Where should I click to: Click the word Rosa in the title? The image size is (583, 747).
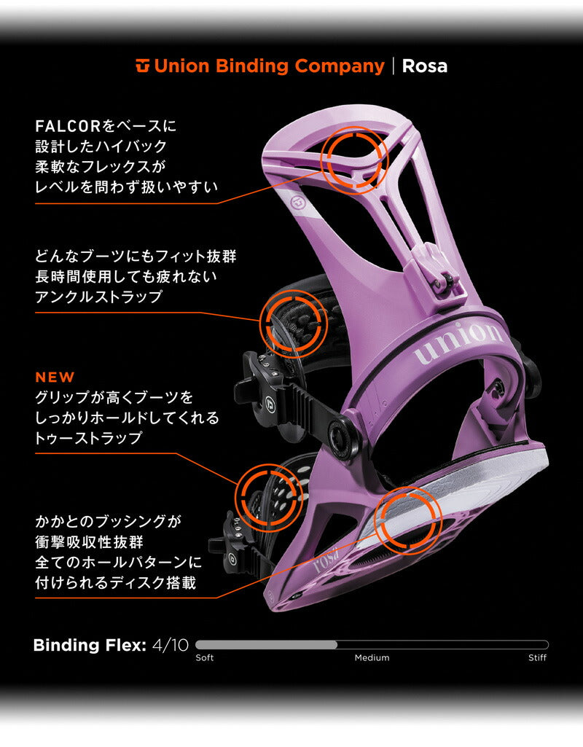[x=425, y=66]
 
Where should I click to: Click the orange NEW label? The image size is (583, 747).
[x=55, y=378]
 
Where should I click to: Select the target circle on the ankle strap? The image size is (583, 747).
[x=292, y=322]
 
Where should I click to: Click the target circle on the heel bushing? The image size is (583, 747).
[x=408, y=523]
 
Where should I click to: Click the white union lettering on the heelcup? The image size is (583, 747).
[x=459, y=343]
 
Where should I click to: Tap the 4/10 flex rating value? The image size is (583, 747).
[x=171, y=645]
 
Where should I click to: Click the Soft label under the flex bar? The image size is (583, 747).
[x=206, y=658]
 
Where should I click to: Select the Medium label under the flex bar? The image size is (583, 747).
[x=372, y=658]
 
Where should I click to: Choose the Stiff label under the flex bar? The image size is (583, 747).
[x=537, y=658]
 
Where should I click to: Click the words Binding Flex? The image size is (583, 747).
[x=90, y=645]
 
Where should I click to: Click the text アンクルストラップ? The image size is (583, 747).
[x=98, y=297]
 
